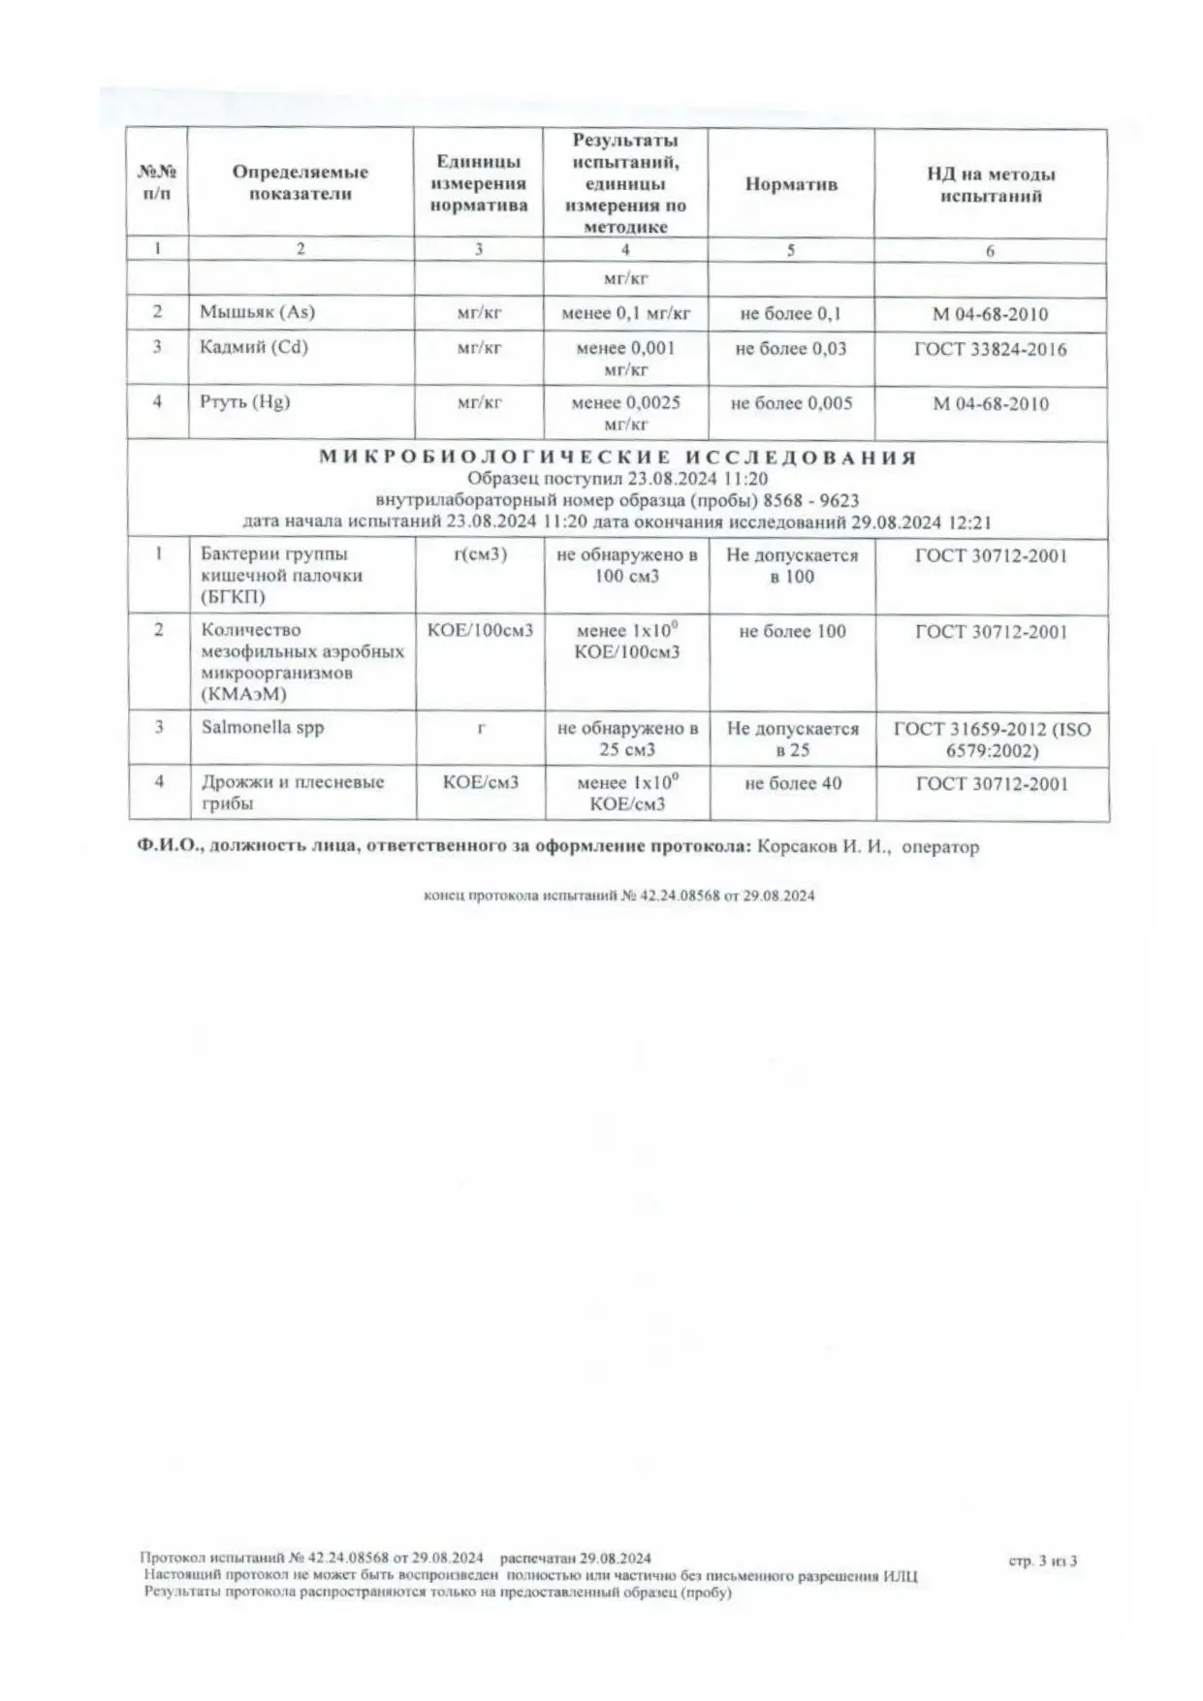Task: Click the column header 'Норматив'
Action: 791,184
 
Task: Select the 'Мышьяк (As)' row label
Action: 257,312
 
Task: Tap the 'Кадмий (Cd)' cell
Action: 254,347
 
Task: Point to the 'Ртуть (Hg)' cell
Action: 245,401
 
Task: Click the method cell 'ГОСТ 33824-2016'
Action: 990,349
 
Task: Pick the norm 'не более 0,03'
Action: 791,348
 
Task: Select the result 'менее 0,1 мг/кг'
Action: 626,313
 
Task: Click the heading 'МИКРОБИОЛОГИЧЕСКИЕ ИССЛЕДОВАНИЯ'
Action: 617,457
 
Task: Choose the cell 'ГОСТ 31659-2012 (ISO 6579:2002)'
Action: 992,739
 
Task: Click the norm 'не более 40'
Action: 793,783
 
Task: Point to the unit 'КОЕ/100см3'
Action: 481,631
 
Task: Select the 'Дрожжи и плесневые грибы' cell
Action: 292,792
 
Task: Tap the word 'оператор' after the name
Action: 940,846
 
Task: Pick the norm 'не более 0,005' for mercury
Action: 791,403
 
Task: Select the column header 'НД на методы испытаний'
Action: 991,185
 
